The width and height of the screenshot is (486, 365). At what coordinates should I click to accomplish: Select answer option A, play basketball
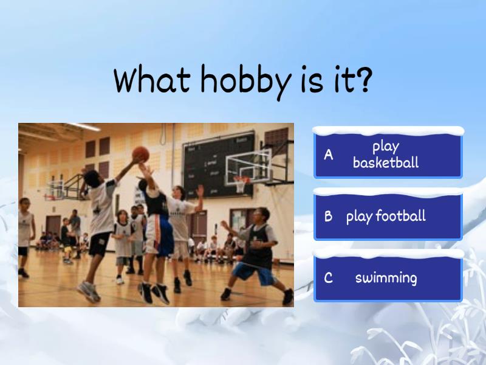[x=388, y=155]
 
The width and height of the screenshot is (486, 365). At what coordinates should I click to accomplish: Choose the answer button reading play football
[x=388, y=217]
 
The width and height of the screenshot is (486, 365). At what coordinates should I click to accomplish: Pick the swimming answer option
[x=388, y=279]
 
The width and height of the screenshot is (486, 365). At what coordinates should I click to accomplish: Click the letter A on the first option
[x=329, y=155]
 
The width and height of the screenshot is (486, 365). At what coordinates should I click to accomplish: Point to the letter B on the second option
[x=329, y=217]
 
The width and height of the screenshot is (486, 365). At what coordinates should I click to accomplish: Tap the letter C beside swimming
[x=329, y=279]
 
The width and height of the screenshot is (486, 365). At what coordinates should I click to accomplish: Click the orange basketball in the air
[x=141, y=153]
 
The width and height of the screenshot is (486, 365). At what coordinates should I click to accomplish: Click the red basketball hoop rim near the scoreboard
[x=242, y=179]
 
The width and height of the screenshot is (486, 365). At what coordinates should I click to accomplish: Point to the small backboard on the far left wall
[x=56, y=186]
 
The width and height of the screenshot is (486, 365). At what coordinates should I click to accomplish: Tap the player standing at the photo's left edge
[x=24, y=234]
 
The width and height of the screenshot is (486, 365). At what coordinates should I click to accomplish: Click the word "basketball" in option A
[x=386, y=162]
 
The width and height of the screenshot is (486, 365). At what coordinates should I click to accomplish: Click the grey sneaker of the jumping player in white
[x=89, y=291]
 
